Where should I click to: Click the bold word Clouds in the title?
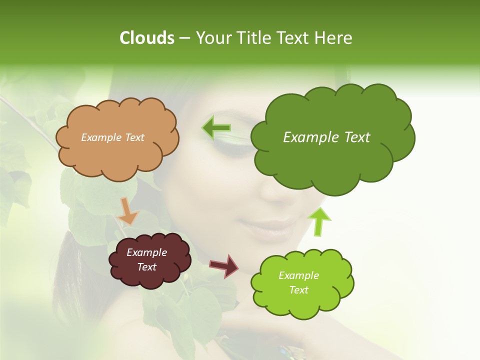[147, 38]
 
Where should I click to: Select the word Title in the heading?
[252, 38]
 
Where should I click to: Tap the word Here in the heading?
[333, 38]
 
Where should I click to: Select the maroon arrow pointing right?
[224, 265]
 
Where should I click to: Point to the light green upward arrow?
[319, 221]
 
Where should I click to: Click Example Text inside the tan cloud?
[112, 137]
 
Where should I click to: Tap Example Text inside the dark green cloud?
[326, 137]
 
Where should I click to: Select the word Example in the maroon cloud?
[146, 252]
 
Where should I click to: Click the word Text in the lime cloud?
[298, 290]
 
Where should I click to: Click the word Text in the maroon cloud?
[146, 267]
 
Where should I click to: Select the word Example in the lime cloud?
[298, 275]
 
